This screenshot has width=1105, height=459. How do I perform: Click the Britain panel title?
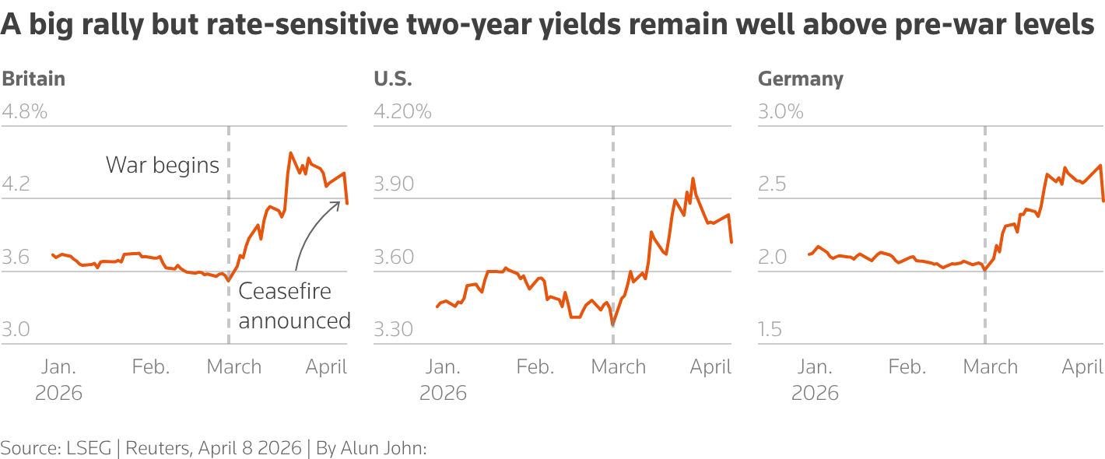[x=33, y=79]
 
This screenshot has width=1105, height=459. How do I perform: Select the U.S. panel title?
[x=393, y=79]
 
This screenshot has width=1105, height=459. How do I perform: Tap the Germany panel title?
[x=800, y=79]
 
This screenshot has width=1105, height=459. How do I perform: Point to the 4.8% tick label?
[x=24, y=112]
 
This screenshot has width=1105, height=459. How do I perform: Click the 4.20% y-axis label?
[x=402, y=112]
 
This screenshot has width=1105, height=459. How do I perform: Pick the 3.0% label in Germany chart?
[x=781, y=112]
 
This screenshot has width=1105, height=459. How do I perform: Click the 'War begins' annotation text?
[x=163, y=165]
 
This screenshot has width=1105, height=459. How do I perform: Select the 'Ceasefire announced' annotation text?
[x=294, y=306]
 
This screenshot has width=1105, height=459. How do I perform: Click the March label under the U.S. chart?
[x=619, y=367]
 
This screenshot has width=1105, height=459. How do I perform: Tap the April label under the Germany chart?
[x=1082, y=367]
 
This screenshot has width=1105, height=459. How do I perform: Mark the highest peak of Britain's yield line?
[x=290, y=153]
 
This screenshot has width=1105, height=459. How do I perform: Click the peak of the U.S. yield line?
[x=693, y=178]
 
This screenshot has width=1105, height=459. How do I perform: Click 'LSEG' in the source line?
[x=83, y=448]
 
